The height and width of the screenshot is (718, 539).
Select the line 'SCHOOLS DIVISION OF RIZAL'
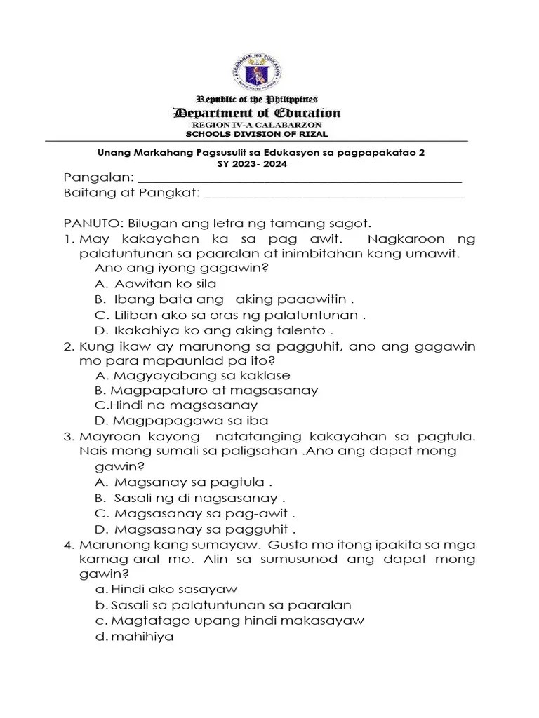click(x=256, y=134)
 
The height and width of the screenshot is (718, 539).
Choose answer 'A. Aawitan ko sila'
click(x=155, y=284)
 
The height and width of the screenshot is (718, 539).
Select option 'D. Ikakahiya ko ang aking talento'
click(x=213, y=330)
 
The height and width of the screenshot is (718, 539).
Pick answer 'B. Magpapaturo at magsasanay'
click(x=206, y=391)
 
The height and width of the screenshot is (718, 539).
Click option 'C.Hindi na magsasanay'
click(x=175, y=405)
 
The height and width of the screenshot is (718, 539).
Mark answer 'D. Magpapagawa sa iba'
click(x=181, y=421)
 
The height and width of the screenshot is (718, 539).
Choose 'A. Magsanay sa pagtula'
click(x=182, y=482)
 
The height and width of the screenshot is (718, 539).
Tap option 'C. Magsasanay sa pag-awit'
click(x=194, y=513)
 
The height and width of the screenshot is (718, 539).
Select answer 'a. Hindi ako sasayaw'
click(x=166, y=590)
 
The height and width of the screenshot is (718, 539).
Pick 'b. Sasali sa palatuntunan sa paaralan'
click(x=222, y=605)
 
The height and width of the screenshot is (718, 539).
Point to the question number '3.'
click(x=69, y=437)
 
